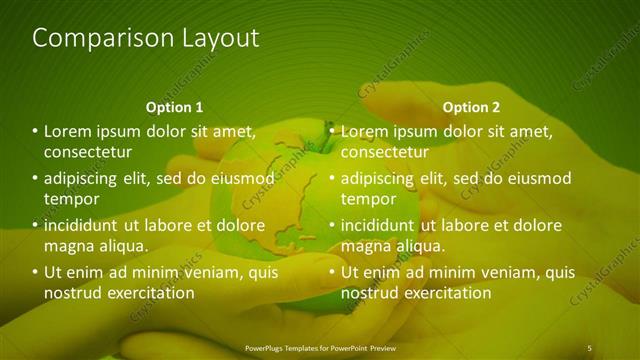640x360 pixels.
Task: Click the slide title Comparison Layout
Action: (146, 38)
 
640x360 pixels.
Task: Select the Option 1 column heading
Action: (174, 107)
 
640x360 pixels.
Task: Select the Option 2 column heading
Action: (471, 107)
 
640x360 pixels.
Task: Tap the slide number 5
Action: (589, 348)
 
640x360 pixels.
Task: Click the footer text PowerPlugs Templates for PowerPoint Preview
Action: (320, 348)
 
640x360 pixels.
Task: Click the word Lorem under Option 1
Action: (67, 131)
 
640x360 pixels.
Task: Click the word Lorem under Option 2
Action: (364, 131)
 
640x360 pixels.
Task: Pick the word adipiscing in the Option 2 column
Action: (379, 178)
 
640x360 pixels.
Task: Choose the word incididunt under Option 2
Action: (378, 225)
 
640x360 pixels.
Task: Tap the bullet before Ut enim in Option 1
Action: (36, 272)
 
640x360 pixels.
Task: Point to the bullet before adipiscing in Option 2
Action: (333, 179)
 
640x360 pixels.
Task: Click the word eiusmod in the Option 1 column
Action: (240, 178)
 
